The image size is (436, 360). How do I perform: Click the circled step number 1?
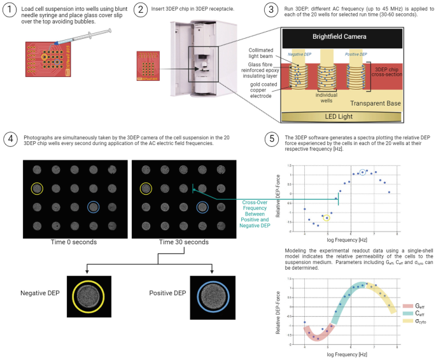point(9,10)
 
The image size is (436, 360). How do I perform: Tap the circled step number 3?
point(271,10)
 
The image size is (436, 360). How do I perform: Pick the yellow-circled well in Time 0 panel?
point(38,188)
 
